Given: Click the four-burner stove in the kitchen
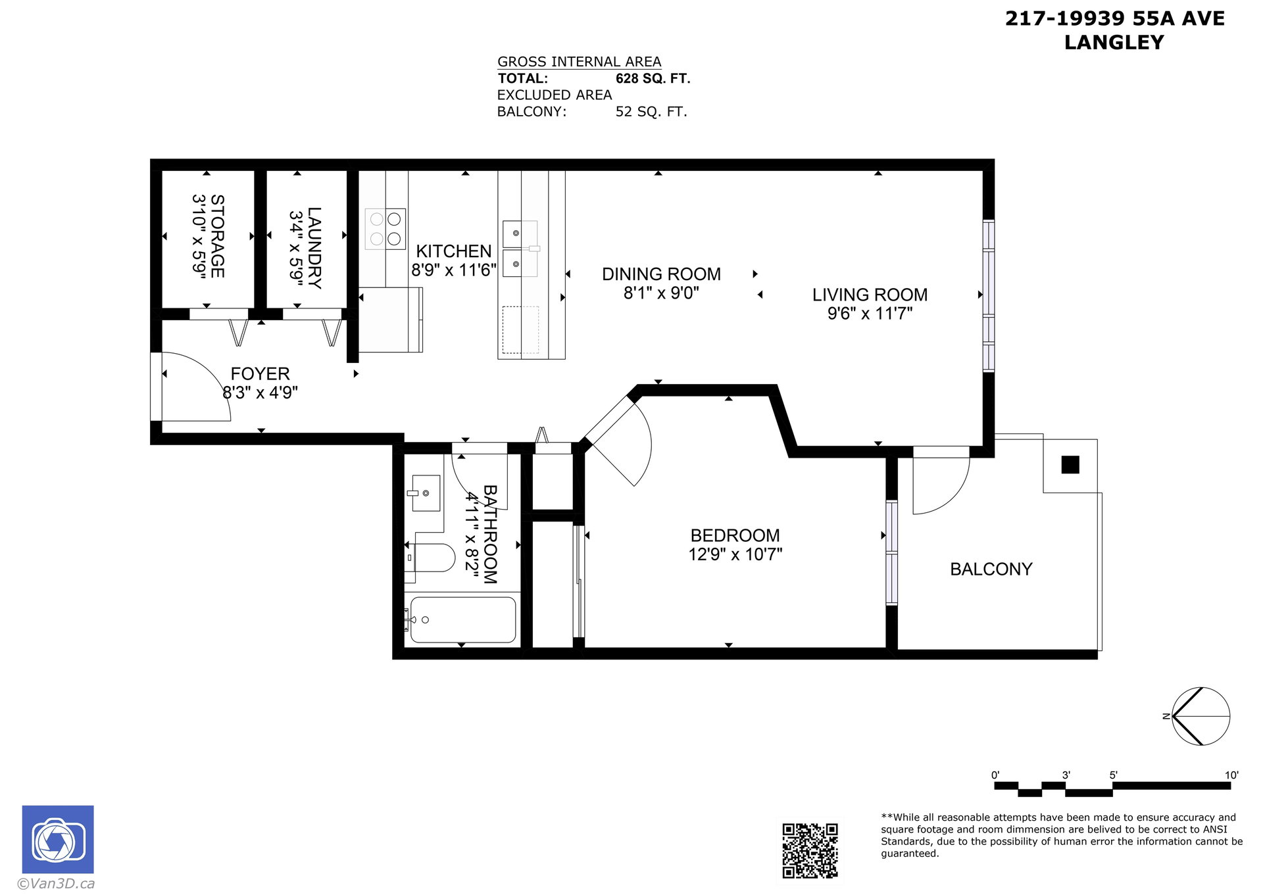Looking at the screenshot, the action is point(385,229).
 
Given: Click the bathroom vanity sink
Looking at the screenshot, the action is point(426,493).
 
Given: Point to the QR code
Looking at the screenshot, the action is point(810,850).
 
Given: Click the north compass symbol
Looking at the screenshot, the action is point(1201,716).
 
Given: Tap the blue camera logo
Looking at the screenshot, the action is point(58,839).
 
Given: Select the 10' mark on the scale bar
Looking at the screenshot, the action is point(1231,775).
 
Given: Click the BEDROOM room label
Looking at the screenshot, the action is point(735,535).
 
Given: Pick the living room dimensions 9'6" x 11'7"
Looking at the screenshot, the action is point(870,314).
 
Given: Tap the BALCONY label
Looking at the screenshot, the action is point(991,569).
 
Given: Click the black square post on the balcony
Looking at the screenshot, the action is point(1070,464).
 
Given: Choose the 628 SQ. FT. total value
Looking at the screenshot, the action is point(653,79).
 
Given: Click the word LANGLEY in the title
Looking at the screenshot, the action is point(1114,43).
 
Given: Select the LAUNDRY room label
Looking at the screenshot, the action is point(314,248).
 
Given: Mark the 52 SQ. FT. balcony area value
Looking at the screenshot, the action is point(651,112).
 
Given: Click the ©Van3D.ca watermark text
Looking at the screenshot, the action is point(56,884).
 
